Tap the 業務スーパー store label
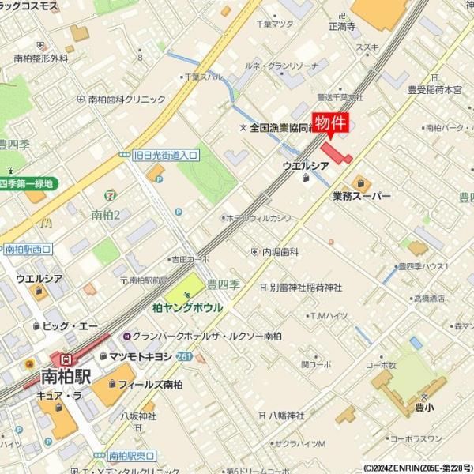pos(361,196)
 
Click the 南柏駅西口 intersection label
pos(27,249)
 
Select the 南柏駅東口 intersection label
pos(131,456)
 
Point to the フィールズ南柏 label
pos(150,385)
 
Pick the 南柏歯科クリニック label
pos(126,100)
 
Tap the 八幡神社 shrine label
pos(285,415)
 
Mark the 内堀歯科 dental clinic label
pos(280,252)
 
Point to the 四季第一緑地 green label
pos(29,184)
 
